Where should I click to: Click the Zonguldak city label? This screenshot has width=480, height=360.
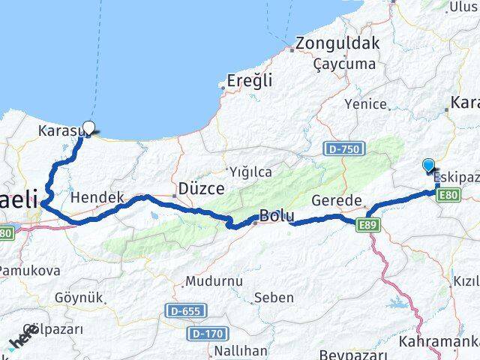click(x=338, y=43)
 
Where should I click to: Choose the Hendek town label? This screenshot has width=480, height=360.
click(x=97, y=198)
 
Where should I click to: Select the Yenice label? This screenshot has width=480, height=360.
click(x=365, y=104)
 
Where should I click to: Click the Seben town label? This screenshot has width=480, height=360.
click(x=274, y=298)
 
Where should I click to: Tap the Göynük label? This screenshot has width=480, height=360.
click(x=79, y=298)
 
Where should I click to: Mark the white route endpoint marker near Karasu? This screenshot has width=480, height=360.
click(x=89, y=127)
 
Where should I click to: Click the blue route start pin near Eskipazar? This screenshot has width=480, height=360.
click(x=428, y=166)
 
